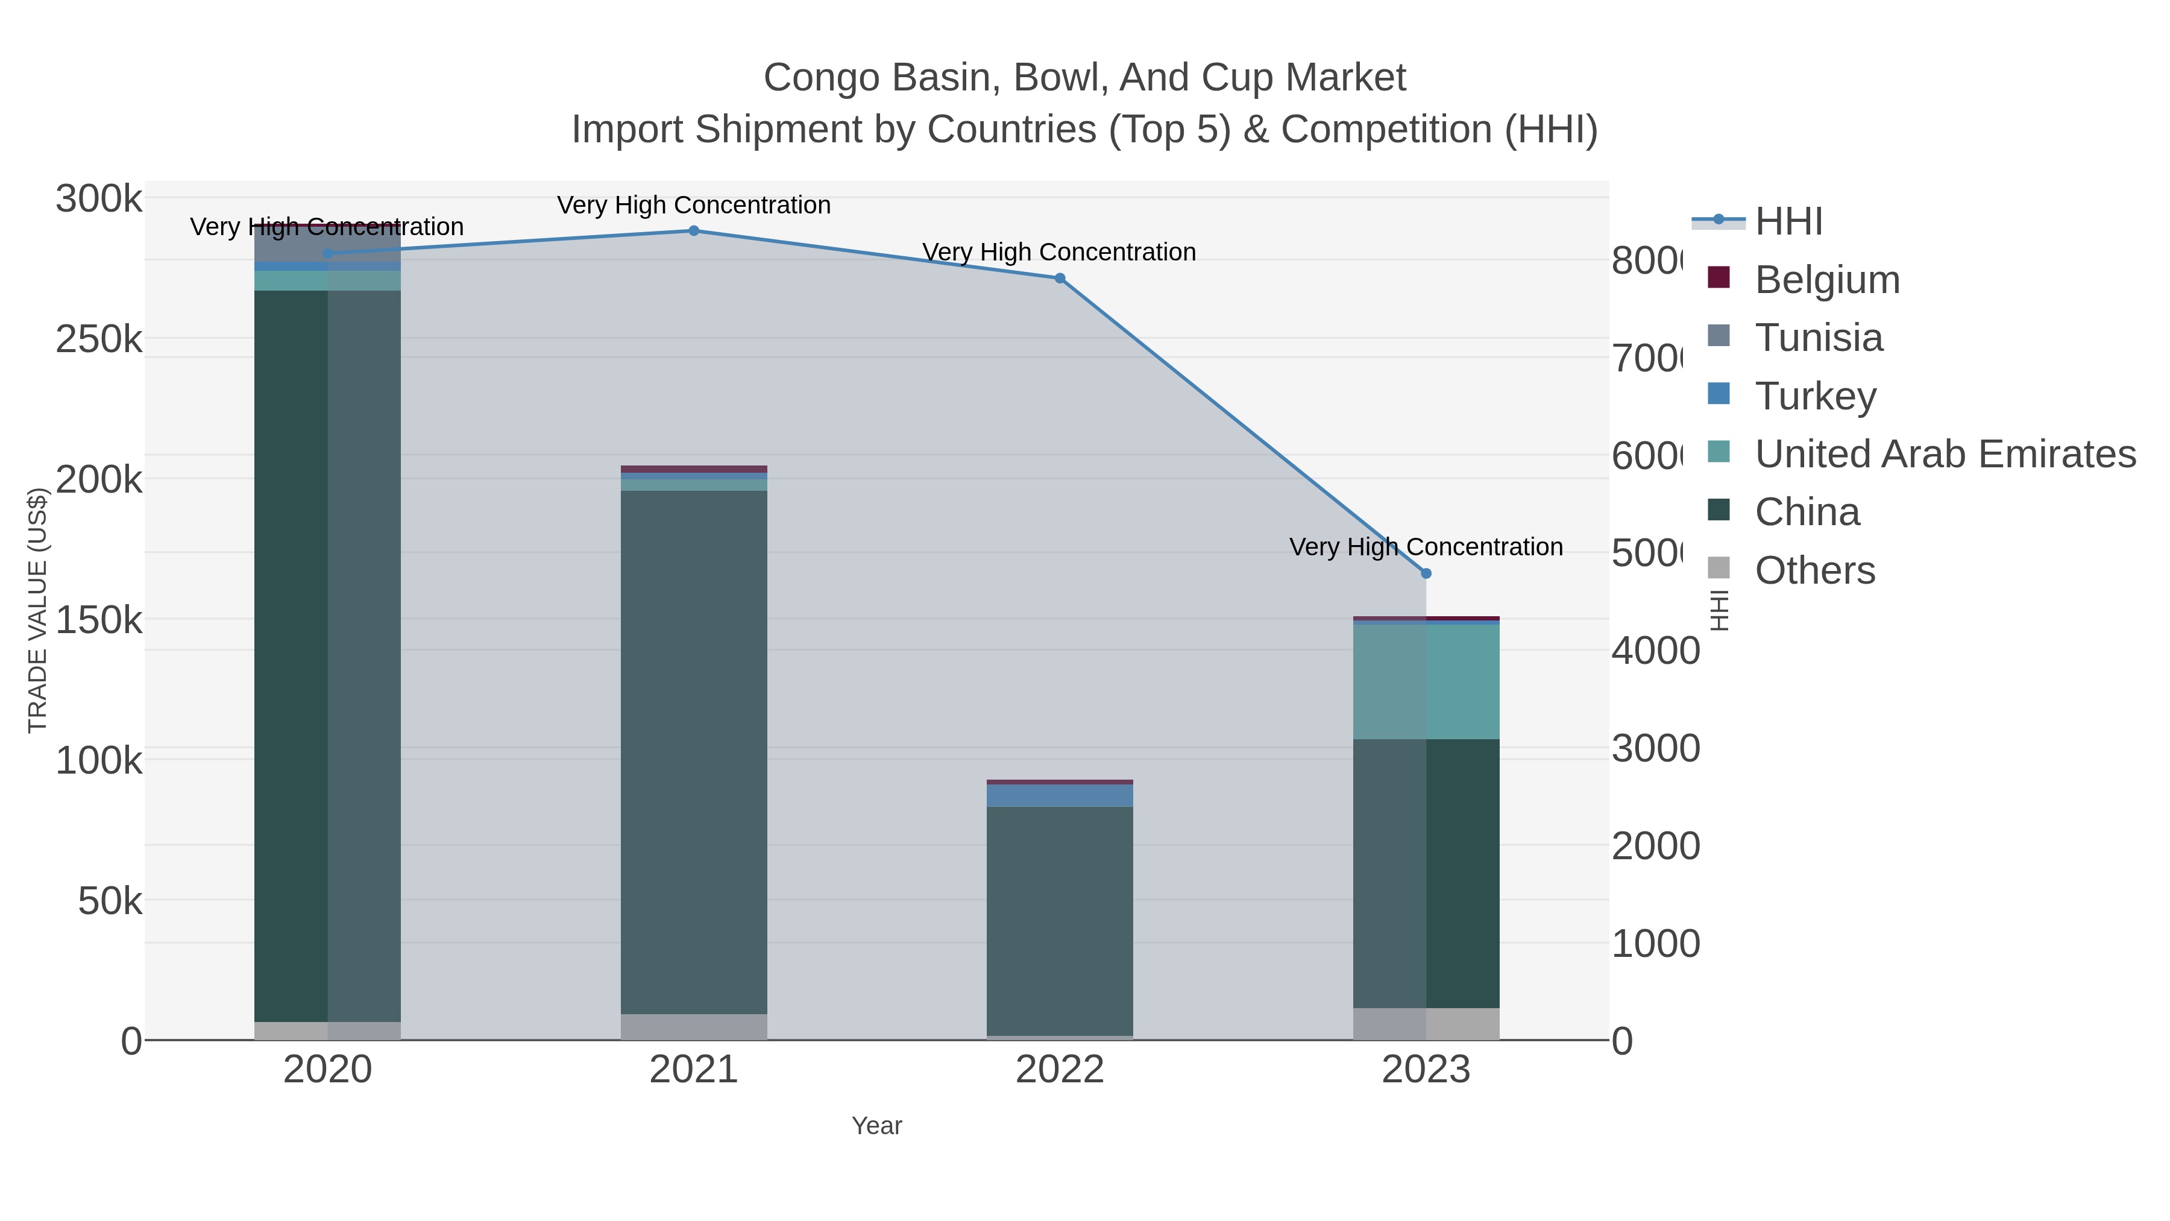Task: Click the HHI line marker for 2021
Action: [x=693, y=231]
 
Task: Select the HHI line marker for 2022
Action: [x=1060, y=278]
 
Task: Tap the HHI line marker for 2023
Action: [x=1426, y=573]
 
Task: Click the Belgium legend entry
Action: [x=1826, y=280]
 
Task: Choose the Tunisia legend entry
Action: [x=1818, y=338]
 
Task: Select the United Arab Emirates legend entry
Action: [x=1944, y=454]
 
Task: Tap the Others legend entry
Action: [x=1814, y=570]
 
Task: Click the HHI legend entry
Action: [x=1788, y=222]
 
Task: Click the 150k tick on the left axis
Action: [x=99, y=620]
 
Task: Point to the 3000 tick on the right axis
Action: [x=1655, y=748]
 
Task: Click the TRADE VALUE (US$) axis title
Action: [x=38, y=610]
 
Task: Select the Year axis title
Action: [x=876, y=1126]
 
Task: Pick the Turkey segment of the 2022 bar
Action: [x=1060, y=795]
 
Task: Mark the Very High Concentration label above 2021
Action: [x=693, y=205]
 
